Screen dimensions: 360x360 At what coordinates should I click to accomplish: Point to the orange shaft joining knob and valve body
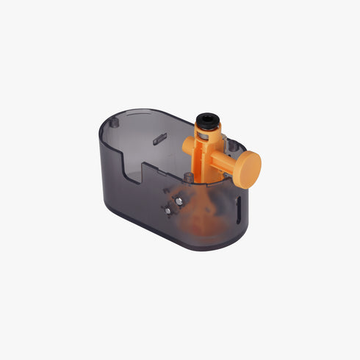[x=226, y=161]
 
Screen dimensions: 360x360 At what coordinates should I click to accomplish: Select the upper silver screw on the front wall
[x=176, y=199]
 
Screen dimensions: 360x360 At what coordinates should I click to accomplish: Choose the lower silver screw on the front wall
[x=168, y=210]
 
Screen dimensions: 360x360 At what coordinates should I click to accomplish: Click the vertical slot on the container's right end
[x=240, y=207]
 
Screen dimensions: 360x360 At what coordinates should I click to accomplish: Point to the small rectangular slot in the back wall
[x=156, y=137]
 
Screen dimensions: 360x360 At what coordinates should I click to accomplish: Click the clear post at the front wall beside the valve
[x=188, y=177]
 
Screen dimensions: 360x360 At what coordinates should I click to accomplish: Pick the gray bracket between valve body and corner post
[x=223, y=141]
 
